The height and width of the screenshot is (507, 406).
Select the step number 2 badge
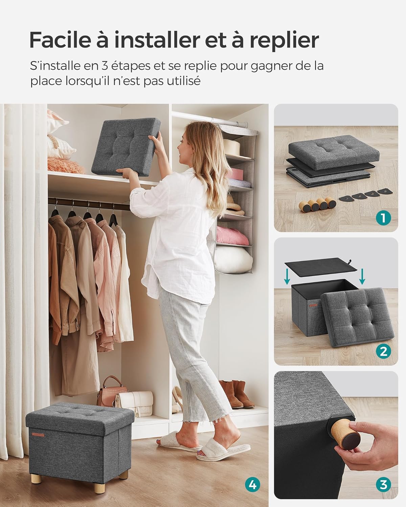pos(383,351)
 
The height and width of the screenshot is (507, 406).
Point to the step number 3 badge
pos(383,485)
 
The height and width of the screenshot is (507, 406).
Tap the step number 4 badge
pos(252,485)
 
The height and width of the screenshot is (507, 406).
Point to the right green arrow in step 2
pos(362,276)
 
